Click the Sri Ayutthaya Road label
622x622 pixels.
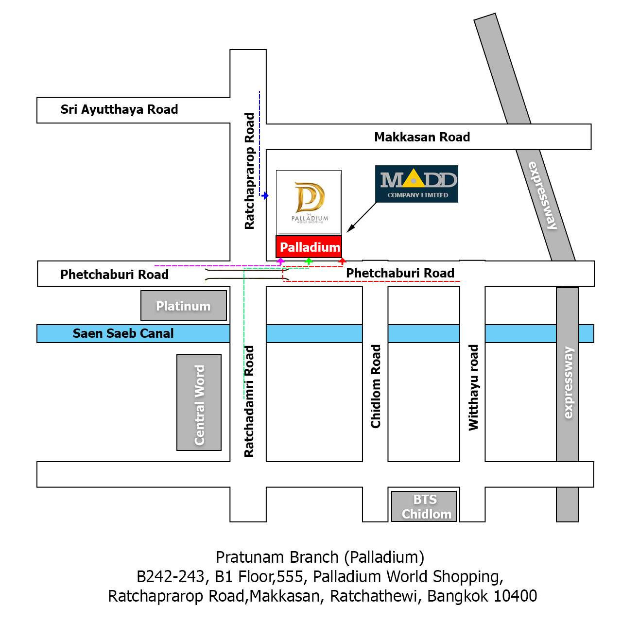119,109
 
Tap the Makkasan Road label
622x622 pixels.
422,137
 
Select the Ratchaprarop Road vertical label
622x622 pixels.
249,171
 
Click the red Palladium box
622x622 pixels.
309,247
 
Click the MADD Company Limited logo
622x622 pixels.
416,184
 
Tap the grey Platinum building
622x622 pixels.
183,306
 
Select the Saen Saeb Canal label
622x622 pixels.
123,333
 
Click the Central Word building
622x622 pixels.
199,402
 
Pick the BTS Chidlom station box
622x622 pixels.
424,506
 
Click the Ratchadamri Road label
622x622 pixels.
249,401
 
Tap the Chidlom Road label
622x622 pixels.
376,386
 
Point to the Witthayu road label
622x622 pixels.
473,387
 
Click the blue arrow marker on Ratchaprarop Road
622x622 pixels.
265,196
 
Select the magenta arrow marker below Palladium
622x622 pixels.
280,261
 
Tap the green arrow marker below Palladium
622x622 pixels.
309,261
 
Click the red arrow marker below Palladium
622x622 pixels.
342,261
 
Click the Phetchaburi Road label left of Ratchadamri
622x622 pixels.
114,275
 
